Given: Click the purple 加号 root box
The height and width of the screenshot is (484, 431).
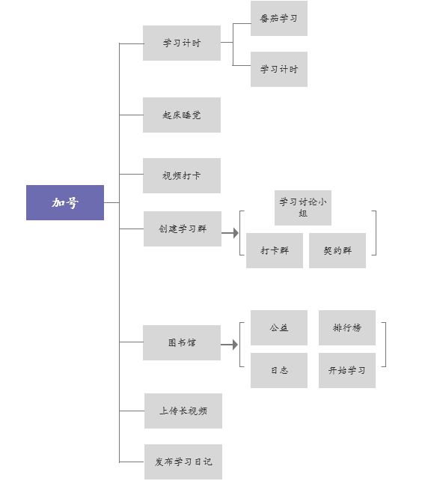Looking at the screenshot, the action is pos(65,202).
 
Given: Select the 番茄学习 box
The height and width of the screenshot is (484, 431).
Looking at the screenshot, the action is pos(278,18).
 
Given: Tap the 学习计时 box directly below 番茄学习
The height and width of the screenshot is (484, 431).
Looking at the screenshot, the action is pos(278,69).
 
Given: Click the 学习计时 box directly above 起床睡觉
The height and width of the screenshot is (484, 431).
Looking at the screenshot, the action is pos(182,43).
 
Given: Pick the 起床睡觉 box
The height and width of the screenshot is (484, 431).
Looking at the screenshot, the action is pos(182,115).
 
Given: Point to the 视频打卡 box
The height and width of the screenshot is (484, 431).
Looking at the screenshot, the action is pos(182,175).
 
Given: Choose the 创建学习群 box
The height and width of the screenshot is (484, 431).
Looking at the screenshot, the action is pos(183,229).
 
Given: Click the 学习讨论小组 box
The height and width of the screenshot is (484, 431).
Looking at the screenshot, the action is pos(303,208).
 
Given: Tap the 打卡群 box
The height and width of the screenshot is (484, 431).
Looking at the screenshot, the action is pos(275,250).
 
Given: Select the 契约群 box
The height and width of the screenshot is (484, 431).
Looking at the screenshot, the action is pos(337,250).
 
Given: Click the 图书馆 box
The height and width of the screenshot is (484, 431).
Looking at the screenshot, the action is pos(182,342).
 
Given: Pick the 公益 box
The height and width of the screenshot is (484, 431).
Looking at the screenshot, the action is pos(278,327).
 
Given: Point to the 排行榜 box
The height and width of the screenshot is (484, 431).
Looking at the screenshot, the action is pos(347,327).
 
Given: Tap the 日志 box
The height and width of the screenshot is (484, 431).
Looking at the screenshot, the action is pos(278,370).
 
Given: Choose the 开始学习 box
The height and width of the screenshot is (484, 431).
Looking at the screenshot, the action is pos(347,370).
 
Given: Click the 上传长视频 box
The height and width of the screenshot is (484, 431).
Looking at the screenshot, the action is pos(183,411).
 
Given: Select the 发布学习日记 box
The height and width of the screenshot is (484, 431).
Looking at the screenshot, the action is pos(183,462).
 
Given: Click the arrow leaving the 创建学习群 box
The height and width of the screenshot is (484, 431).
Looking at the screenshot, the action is pos(230,233).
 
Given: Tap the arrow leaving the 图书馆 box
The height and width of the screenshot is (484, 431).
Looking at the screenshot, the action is pos(230,345).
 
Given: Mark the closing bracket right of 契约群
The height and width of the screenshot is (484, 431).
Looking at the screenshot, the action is pos(376,233).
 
